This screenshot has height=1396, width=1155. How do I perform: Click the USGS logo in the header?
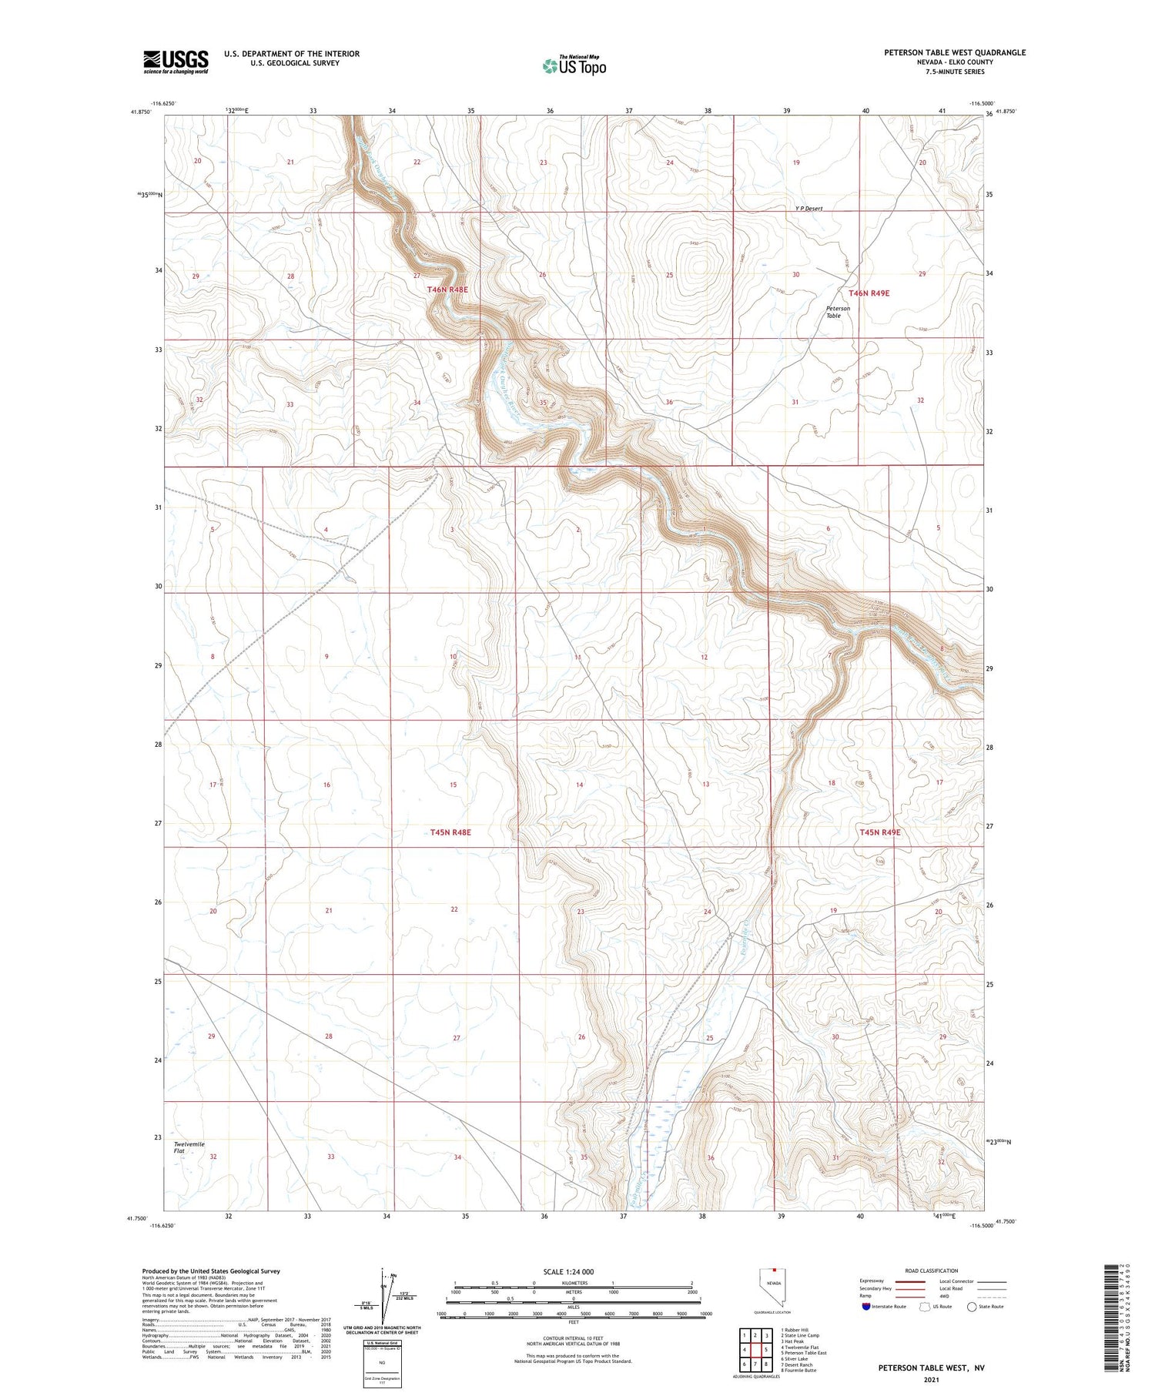pos(176,62)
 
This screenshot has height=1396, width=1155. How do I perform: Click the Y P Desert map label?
pos(808,209)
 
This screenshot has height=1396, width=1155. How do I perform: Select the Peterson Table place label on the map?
pos(838,312)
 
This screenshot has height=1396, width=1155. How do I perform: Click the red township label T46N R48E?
pos(447,290)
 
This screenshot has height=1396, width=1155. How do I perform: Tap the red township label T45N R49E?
pos(879,832)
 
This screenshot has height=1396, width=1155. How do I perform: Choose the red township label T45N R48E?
pos(450,832)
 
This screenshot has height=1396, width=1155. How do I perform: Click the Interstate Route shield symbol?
pos(867,1307)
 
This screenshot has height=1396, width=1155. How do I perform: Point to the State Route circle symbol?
pos(972,1307)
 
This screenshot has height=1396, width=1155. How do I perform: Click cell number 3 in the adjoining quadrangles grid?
pos(767,1335)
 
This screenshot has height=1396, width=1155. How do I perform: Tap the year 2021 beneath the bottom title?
pos(931,1380)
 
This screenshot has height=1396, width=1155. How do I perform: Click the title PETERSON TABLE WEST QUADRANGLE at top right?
pos(954,52)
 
